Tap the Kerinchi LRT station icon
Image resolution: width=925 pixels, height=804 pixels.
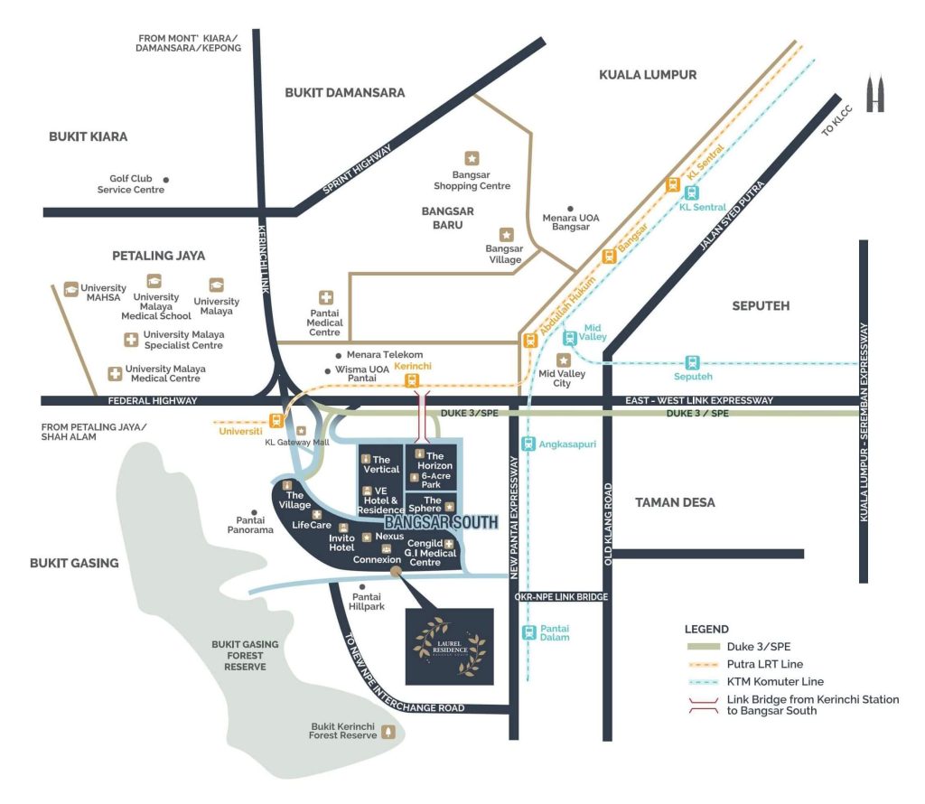(x=412, y=380)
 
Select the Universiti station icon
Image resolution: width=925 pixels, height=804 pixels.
(x=276, y=419)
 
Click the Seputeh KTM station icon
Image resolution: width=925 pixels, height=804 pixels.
(x=693, y=362)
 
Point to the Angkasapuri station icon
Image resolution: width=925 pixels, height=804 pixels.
(x=528, y=444)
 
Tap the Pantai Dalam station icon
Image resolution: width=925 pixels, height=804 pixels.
(x=528, y=632)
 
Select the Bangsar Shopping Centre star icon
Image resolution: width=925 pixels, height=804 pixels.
(x=472, y=158)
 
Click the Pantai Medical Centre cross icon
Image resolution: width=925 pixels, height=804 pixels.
(x=326, y=297)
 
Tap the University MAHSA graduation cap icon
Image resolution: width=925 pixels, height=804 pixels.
(x=70, y=289)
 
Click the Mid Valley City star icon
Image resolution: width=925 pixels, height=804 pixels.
(x=564, y=360)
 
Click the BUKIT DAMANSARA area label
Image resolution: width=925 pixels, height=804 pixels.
(x=344, y=92)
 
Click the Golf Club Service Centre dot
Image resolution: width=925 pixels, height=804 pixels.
(x=166, y=180)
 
